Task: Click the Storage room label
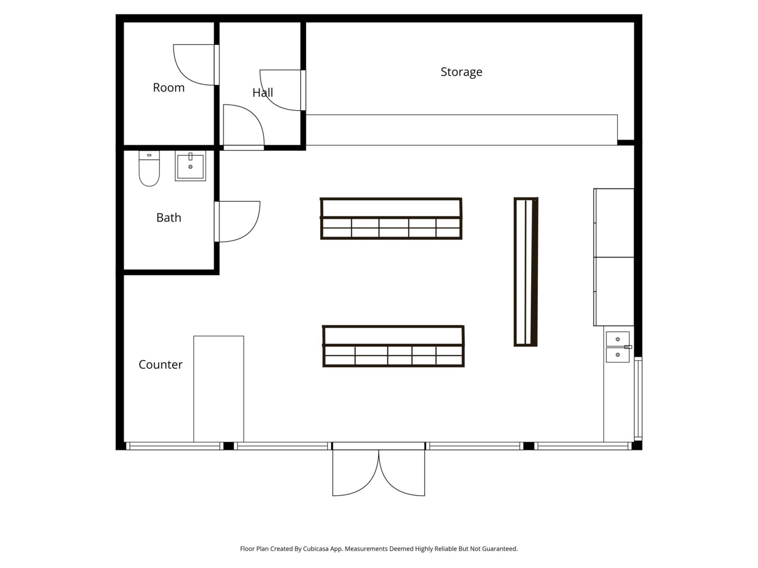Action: (461, 72)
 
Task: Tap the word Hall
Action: (262, 92)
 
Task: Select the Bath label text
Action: (169, 218)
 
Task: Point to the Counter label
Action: (160, 364)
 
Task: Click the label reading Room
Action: (169, 88)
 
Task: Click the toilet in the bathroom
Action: (149, 169)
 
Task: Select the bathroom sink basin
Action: (190, 166)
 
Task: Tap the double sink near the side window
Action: (618, 347)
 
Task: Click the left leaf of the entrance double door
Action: (355, 472)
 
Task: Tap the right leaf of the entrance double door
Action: (402, 472)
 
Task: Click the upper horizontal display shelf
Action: (391, 218)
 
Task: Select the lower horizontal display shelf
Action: (393, 346)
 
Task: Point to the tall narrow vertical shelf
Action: (526, 272)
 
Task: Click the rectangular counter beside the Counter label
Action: (218, 389)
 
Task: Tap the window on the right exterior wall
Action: (638, 399)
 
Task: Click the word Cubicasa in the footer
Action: (316, 549)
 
